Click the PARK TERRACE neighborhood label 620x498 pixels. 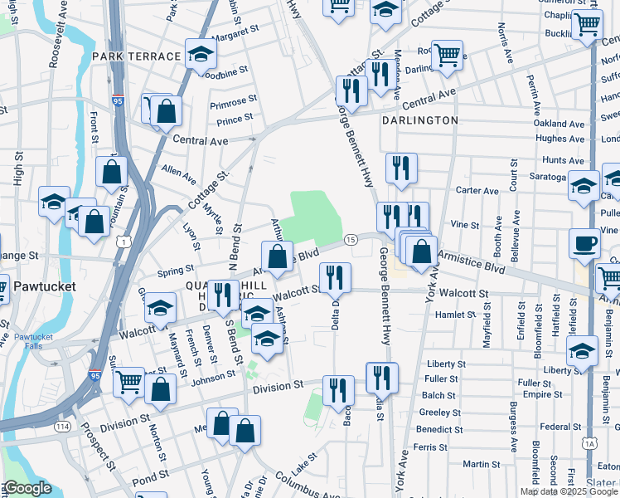(137, 56)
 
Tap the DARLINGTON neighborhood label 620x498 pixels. (420, 120)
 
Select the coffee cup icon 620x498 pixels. (585, 243)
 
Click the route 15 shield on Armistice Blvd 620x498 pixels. (351, 239)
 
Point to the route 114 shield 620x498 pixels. (61, 427)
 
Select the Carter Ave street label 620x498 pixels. (477, 190)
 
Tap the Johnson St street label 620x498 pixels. (214, 378)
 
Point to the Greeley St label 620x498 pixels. (439, 412)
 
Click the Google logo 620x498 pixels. (27, 488)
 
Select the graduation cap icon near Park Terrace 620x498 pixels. (201, 55)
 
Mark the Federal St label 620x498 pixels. (555, 427)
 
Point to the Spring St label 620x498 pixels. (175, 270)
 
